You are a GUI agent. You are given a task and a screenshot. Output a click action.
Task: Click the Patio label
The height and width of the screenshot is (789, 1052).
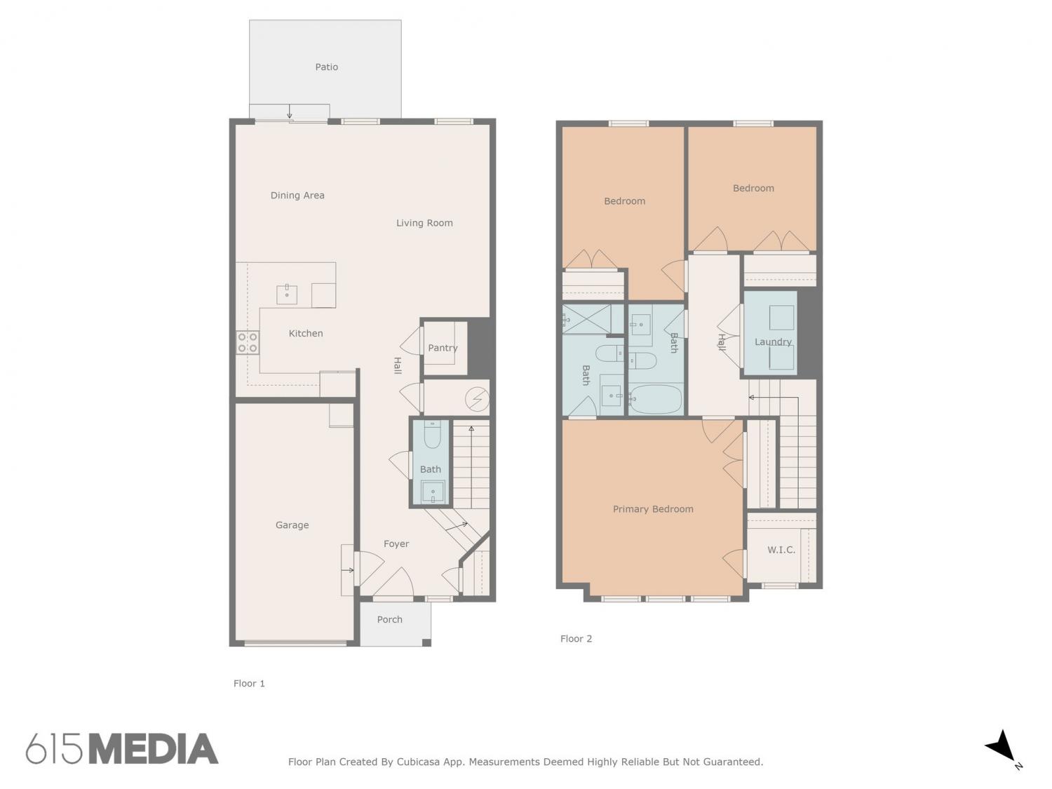coord(326,67)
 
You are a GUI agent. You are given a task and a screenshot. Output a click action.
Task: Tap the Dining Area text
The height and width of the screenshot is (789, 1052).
coord(297,196)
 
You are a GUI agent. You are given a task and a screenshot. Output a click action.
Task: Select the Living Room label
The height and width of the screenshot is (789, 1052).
coord(424,223)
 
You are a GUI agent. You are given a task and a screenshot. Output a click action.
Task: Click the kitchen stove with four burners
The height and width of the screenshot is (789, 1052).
coord(248,342)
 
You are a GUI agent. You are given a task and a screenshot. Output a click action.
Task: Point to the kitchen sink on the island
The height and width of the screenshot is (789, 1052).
coord(287,295)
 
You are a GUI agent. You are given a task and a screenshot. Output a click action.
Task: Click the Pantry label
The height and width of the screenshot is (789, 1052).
coord(443,348)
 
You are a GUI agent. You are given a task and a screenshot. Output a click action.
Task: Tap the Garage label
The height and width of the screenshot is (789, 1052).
coord(292,525)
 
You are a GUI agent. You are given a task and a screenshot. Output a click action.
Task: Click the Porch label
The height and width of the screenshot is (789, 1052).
coord(389,619)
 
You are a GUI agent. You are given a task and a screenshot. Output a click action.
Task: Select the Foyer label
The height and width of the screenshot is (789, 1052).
coord(396,544)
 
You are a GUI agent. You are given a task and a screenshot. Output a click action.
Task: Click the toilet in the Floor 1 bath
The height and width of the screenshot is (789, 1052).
coord(432,434)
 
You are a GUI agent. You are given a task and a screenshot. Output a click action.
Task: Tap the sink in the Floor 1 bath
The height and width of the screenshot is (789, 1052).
coord(433,492)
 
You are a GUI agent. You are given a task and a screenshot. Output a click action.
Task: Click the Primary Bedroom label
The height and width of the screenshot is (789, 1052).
coord(653,509)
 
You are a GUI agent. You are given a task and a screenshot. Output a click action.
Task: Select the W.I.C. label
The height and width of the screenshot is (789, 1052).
coord(781,550)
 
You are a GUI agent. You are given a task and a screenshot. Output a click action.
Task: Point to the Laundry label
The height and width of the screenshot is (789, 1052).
coord(773,342)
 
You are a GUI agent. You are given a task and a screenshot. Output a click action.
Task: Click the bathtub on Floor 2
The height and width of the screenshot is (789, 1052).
coord(656,399)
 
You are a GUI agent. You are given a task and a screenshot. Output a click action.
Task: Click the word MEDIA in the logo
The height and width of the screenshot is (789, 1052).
coord(154,749)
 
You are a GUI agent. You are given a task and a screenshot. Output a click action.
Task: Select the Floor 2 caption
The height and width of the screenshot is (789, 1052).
coord(576,639)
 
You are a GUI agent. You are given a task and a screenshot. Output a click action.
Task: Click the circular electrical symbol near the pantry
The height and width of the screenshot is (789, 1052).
coord(478,399)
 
